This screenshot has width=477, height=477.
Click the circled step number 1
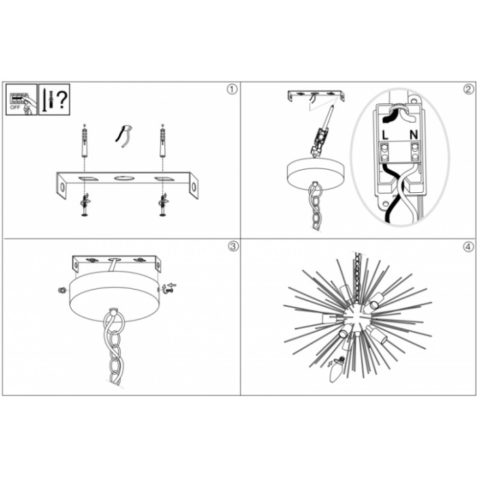click(x=232, y=89)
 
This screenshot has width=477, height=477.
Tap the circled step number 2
click(x=469, y=89)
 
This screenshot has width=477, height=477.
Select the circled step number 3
click(x=233, y=246)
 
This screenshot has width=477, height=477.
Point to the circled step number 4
click(x=469, y=247)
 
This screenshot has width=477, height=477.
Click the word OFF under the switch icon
click(x=15, y=108)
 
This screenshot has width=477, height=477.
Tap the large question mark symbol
click(x=62, y=99)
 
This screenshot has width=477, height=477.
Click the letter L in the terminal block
click(x=385, y=135)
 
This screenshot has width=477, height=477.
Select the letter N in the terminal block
click(x=414, y=135)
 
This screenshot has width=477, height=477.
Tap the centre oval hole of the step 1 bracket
click(x=124, y=178)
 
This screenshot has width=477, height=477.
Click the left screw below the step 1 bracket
click(x=84, y=205)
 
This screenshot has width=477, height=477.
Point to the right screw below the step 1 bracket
click(x=163, y=205)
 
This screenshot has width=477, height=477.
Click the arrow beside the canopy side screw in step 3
click(x=172, y=285)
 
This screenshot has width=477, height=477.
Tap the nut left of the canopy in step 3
click(x=61, y=290)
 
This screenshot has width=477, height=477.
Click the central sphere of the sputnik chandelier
click(x=356, y=318)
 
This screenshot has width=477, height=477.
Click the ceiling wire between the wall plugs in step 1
click(x=123, y=136)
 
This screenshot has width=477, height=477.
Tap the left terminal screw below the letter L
click(x=384, y=149)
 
